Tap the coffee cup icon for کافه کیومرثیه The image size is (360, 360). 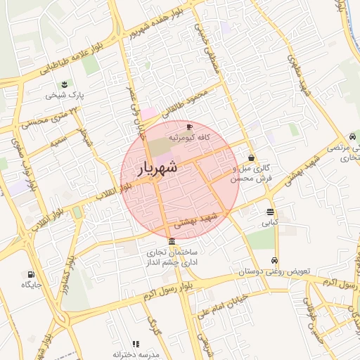coord(188,127)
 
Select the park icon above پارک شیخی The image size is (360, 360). coord(65,84)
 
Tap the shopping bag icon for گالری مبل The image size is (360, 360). coord(251,159)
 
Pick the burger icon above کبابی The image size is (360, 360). coord(271,212)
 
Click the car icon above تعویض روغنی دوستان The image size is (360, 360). coord(274,260)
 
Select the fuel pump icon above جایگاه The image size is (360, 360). coord(30,274)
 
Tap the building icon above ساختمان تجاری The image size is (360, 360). coord(172,242)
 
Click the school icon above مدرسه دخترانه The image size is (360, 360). coord(136,344)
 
